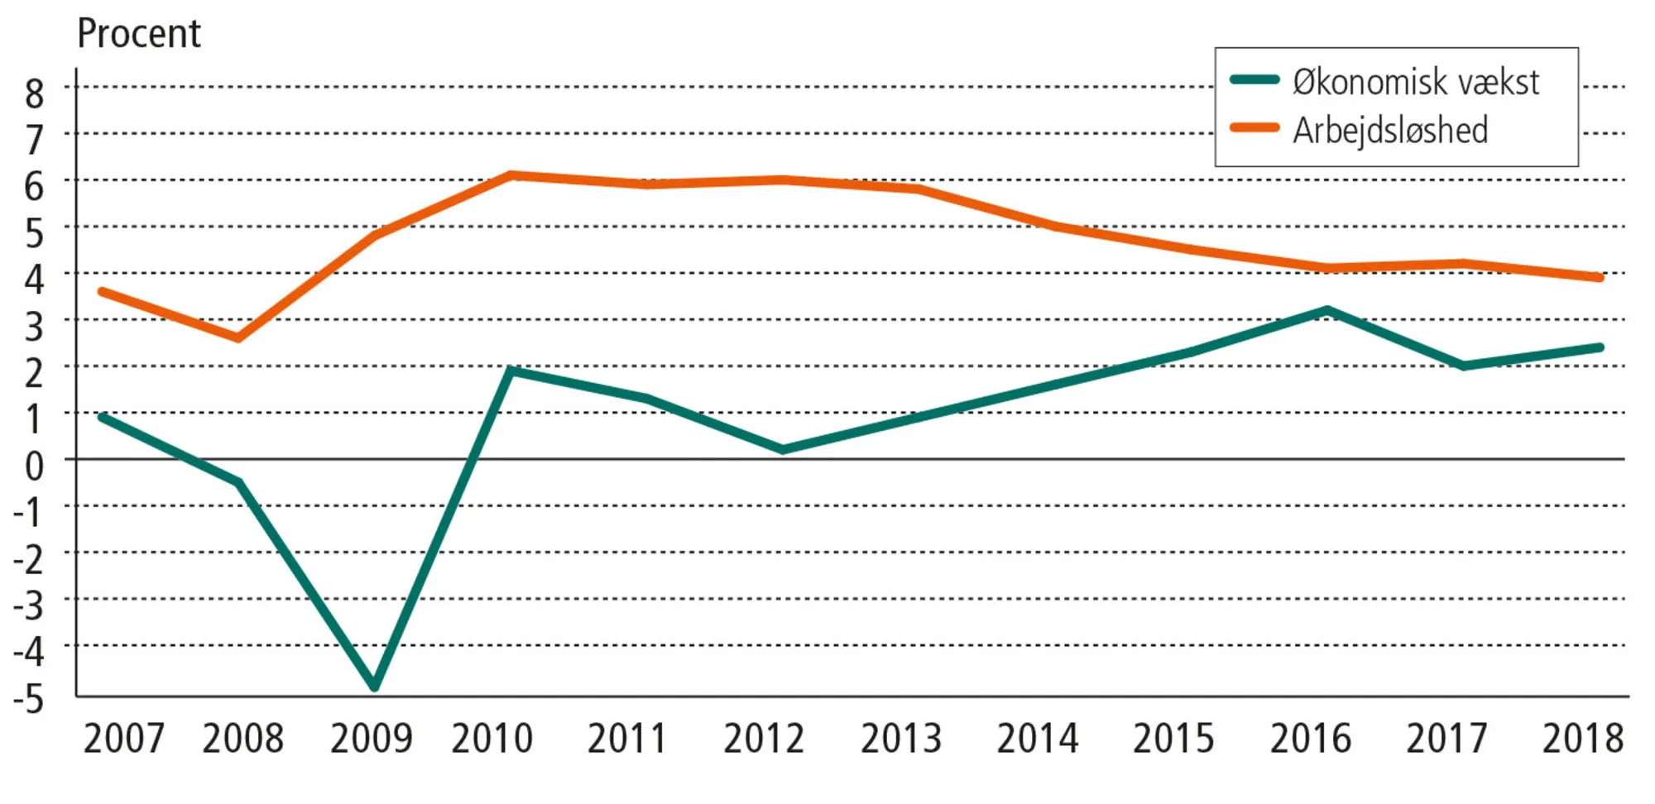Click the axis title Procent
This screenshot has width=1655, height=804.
pos(138,34)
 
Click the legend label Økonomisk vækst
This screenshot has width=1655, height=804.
pos(1415,82)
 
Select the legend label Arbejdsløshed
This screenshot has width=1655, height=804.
pos(1390,130)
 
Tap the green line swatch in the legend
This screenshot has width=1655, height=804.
pos(1254,80)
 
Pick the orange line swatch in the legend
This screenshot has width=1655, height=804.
pos(1254,128)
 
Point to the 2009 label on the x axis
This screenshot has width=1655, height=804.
pos(371,739)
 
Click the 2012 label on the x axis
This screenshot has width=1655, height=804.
pos(764,739)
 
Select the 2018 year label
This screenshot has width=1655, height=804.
pos(1582,739)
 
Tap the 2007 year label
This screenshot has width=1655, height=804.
pos(124,739)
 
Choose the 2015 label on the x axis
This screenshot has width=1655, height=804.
pos(1173,739)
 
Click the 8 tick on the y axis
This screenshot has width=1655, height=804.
pos(34,93)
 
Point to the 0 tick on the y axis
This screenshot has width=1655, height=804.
pos(34,467)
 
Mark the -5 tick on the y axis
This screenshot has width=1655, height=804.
pos(28,700)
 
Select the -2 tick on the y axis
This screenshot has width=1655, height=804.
pos(28,560)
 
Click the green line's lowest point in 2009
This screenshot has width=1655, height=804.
pos(375,685)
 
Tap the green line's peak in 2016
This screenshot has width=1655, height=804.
pos(1327,311)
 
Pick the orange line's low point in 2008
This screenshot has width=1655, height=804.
pos(238,337)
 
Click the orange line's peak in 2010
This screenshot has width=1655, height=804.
pos(511,175)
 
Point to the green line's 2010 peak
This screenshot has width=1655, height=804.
pos(511,371)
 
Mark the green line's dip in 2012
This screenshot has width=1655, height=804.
pos(783,449)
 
